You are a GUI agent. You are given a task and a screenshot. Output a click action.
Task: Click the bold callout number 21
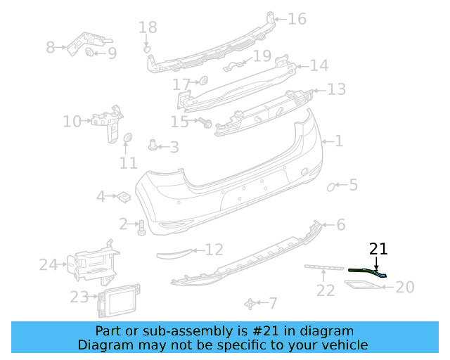[x=378, y=249]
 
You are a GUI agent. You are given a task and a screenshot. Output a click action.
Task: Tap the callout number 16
[x=297, y=18]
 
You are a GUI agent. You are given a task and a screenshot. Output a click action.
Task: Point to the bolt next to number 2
[x=141, y=227]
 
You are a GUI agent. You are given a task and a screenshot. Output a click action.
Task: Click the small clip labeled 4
[x=122, y=195]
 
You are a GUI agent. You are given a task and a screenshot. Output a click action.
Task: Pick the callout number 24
[x=48, y=265]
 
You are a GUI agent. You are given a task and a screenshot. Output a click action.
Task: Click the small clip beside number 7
[x=249, y=303]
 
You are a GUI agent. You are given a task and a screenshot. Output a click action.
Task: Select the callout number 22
[x=325, y=290]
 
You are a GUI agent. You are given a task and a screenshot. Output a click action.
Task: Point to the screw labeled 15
[x=206, y=122]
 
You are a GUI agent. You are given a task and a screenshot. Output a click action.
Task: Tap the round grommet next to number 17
[x=204, y=79]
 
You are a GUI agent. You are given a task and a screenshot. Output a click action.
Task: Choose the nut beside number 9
[x=90, y=53]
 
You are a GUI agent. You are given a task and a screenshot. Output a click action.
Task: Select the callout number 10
[x=72, y=122]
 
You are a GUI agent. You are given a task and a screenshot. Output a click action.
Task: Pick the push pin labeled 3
[x=153, y=146]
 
